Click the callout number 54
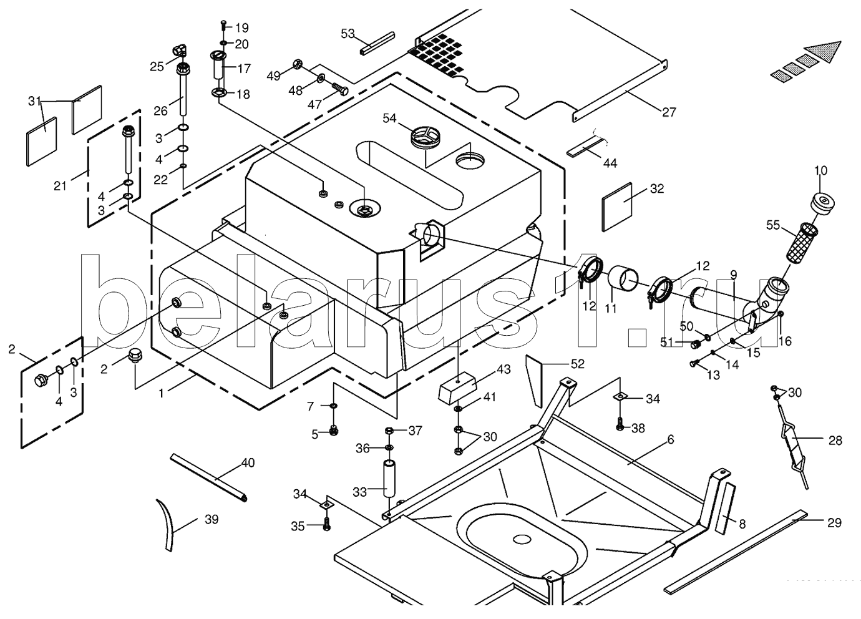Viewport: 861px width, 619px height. [x=389, y=118]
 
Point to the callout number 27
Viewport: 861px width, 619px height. [x=669, y=112]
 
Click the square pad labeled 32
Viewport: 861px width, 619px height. [x=618, y=198]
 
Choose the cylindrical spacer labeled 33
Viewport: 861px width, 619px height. [x=389, y=479]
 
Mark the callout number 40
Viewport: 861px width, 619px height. [x=248, y=463]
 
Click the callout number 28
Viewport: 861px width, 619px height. [x=835, y=441]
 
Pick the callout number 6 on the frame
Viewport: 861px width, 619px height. [x=671, y=439]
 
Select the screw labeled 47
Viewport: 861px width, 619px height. [x=339, y=89]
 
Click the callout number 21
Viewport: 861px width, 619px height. [x=60, y=185]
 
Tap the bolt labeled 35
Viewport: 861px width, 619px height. [x=326, y=525]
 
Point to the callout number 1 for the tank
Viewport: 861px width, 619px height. [x=161, y=393]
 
